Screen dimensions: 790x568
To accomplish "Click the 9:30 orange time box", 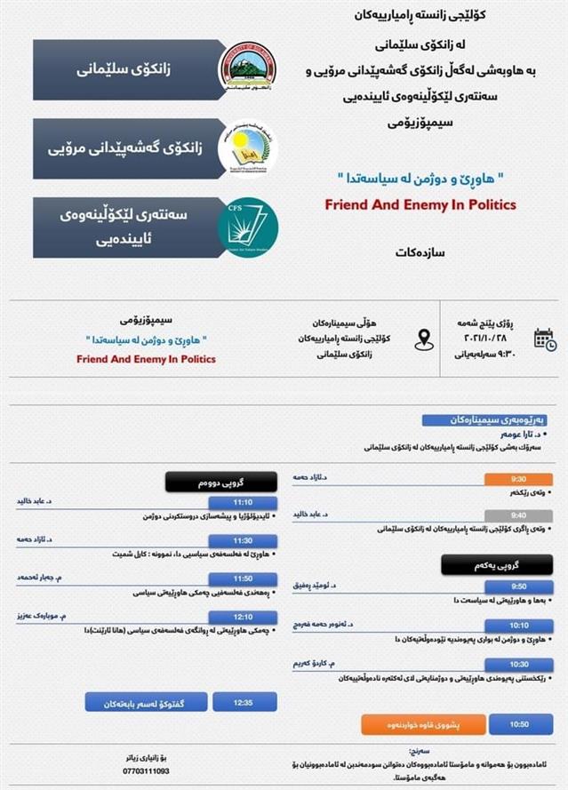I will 519,478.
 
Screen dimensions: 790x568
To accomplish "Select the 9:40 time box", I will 519,515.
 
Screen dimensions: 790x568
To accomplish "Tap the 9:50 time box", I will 519,587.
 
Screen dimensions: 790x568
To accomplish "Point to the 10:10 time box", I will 519,626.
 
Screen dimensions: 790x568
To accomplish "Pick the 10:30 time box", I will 519,664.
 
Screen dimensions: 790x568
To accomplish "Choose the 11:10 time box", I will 243,502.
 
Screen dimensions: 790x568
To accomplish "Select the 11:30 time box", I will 243,540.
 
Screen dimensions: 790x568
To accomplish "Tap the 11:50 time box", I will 243,578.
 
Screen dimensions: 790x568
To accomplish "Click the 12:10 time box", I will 243,616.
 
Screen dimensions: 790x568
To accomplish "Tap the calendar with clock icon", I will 544,339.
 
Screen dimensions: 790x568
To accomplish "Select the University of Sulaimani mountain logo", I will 248,67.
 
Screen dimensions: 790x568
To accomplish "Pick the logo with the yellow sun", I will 248,148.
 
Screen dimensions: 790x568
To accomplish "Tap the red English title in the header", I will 420,204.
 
